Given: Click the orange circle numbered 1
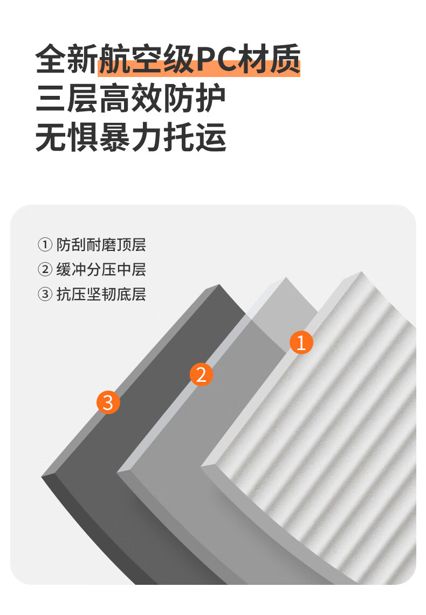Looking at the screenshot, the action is (x=301, y=343).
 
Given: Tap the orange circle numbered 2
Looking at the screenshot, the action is (x=201, y=374).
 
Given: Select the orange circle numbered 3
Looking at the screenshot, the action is (x=108, y=402).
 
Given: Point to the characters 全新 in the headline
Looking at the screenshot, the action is (x=67, y=60).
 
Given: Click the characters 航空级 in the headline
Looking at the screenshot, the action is (x=147, y=60).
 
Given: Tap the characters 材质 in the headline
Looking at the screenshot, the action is (x=269, y=60).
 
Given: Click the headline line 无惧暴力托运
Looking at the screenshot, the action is (x=130, y=137).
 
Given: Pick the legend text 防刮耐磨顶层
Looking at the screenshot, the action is (x=101, y=244).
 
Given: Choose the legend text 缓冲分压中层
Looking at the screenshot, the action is (x=101, y=269).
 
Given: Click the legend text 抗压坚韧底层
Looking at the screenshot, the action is (x=101, y=294).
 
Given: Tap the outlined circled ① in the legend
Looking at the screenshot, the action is (x=45, y=244).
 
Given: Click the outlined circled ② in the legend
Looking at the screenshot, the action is (x=45, y=269).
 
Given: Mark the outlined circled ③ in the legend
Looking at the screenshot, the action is (x=45, y=294).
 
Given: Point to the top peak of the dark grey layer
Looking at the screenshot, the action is (x=219, y=285).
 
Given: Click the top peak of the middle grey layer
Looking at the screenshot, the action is (x=286, y=278).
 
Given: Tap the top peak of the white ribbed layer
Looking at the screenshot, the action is (x=362, y=271).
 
